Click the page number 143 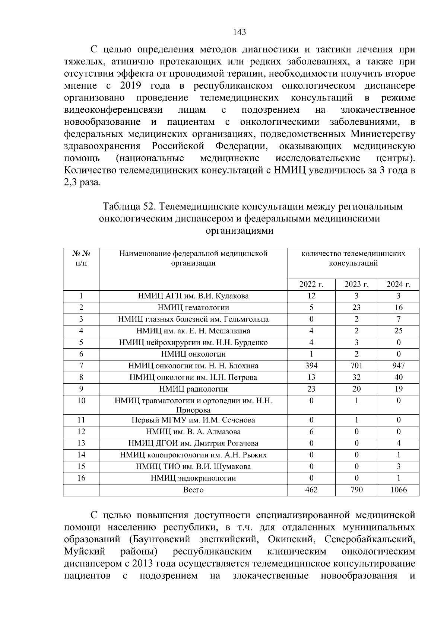(x=240, y=32)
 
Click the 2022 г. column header (x=311, y=284)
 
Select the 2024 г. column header (x=398, y=284)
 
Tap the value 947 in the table (x=398, y=366)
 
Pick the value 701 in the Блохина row (x=356, y=366)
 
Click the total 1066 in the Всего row (x=398, y=490)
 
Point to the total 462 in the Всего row (x=311, y=490)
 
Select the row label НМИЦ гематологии (x=193, y=307)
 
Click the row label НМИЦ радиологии (x=193, y=389)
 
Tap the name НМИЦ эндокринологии (x=193, y=478)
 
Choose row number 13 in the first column (x=81, y=443)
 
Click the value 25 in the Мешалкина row (x=398, y=331)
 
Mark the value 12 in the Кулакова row (x=311, y=296)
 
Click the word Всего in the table (x=193, y=490)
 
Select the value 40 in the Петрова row (x=398, y=377)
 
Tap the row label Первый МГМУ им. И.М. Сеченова (x=193, y=420)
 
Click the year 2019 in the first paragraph (x=130, y=86)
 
